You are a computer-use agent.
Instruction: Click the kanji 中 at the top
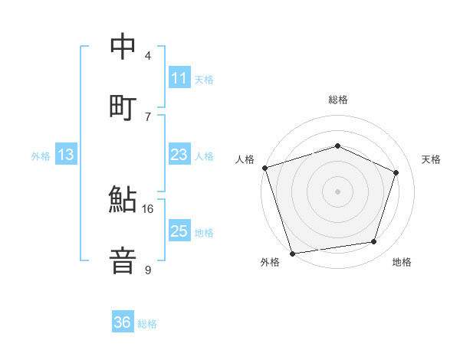(x=123, y=47)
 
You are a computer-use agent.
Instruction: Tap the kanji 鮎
(x=123, y=200)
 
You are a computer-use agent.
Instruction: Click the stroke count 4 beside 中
(x=148, y=56)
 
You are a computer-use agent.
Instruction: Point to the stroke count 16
(x=148, y=208)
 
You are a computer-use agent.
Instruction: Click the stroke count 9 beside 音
(x=148, y=269)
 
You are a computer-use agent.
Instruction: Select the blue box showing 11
(x=179, y=78)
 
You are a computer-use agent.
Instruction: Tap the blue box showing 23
(x=179, y=155)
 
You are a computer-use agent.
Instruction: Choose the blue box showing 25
(x=179, y=231)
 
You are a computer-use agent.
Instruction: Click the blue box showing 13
(x=66, y=155)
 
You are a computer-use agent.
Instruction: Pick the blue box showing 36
(x=123, y=322)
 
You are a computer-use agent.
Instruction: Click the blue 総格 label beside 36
(x=147, y=324)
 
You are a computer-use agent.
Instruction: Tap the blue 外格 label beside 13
(x=41, y=156)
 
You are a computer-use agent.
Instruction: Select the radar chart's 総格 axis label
(x=337, y=100)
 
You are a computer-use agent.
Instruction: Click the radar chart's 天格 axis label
(x=431, y=159)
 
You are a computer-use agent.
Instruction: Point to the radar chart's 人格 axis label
(x=245, y=159)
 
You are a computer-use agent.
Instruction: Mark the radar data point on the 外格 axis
(x=292, y=253)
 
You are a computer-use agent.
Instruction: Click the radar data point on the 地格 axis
(x=374, y=242)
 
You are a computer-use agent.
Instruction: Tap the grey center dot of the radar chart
(x=337, y=191)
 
